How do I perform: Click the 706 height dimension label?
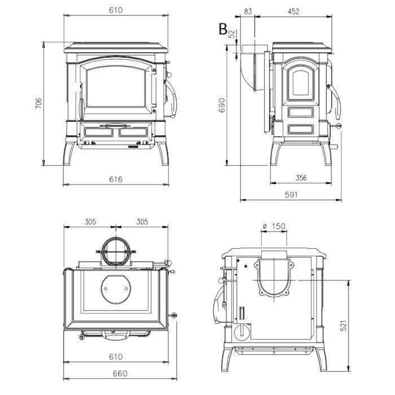point(38,103)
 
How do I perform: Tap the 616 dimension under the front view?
point(116,179)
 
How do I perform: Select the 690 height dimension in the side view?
point(221,106)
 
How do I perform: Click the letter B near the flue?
point(223,29)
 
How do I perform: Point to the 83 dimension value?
point(248,12)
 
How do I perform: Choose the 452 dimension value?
point(293,12)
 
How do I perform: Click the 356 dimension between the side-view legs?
point(301,178)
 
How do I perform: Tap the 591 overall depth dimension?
point(291,195)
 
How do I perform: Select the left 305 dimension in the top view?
point(90,222)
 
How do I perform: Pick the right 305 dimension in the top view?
point(142,222)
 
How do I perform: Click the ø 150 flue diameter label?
point(274,226)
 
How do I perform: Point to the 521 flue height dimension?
point(343,326)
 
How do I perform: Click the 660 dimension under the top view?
point(120,374)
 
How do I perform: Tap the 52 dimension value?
point(231,34)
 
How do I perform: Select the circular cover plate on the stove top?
point(116,288)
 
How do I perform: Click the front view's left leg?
point(68,153)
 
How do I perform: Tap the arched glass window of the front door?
point(116,86)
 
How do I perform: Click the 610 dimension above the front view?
point(116,10)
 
